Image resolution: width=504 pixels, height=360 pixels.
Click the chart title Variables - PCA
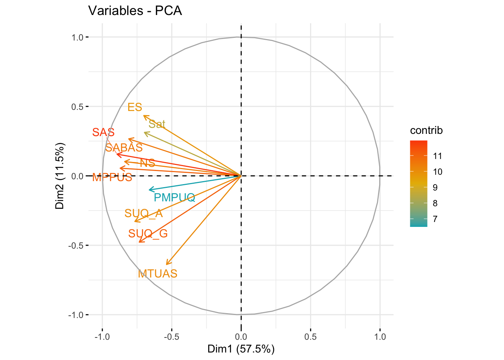pyautogui.click(x=135, y=10)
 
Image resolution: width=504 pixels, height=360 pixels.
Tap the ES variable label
pyautogui.click(x=135, y=107)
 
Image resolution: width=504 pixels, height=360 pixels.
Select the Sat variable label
pyautogui.click(x=157, y=124)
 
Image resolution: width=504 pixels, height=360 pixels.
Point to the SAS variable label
pyautogui.click(x=103, y=132)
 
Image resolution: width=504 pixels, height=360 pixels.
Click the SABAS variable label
pyautogui.click(x=124, y=147)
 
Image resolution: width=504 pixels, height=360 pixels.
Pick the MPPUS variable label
pyautogui.click(x=112, y=177)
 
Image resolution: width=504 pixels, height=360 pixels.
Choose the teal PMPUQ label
pyautogui.click(x=174, y=197)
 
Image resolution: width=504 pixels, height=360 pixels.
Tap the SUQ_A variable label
pyautogui.click(x=144, y=213)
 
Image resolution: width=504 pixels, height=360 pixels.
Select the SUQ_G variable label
pyautogui.click(x=148, y=234)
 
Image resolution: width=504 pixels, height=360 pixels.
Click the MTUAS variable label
pyautogui.click(x=157, y=274)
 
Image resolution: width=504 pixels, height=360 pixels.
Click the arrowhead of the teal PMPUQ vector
pyautogui.click(x=150, y=190)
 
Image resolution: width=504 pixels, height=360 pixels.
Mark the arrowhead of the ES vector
pyautogui.click(x=144, y=116)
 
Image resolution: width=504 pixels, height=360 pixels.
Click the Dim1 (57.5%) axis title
pyautogui.click(x=241, y=349)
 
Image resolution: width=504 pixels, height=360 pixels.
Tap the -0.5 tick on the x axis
pyautogui.click(x=171, y=337)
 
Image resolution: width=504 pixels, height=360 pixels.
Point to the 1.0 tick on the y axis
pyautogui.click(x=78, y=37)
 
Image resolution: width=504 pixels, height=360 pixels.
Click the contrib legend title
pyautogui.click(x=426, y=130)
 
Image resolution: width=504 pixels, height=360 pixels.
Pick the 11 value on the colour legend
pyautogui.click(x=437, y=156)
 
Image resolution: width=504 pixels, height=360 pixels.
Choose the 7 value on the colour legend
pyautogui.click(x=435, y=219)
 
